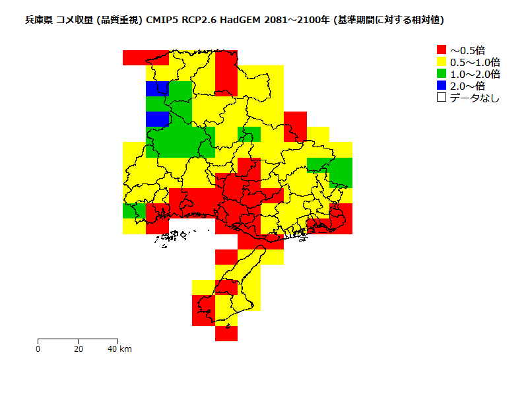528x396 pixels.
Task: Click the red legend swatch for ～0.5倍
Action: (442, 49)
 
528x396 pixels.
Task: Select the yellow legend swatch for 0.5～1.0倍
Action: (442, 61)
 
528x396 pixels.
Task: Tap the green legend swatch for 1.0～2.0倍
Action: (442, 73)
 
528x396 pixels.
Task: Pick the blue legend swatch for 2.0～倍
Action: (442, 85)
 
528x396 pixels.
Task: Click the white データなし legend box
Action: (442, 97)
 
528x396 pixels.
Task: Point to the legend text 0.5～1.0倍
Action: (475, 61)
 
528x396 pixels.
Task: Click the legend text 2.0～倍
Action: (467, 86)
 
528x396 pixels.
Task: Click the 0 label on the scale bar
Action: (38, 348)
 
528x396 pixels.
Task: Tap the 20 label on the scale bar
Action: (79, 348)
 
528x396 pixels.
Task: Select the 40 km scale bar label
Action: (120, 348)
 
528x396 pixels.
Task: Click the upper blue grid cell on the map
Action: (157, 88)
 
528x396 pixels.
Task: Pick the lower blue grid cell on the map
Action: (157, 119)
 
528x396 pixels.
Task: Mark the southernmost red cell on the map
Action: (226, 333)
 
